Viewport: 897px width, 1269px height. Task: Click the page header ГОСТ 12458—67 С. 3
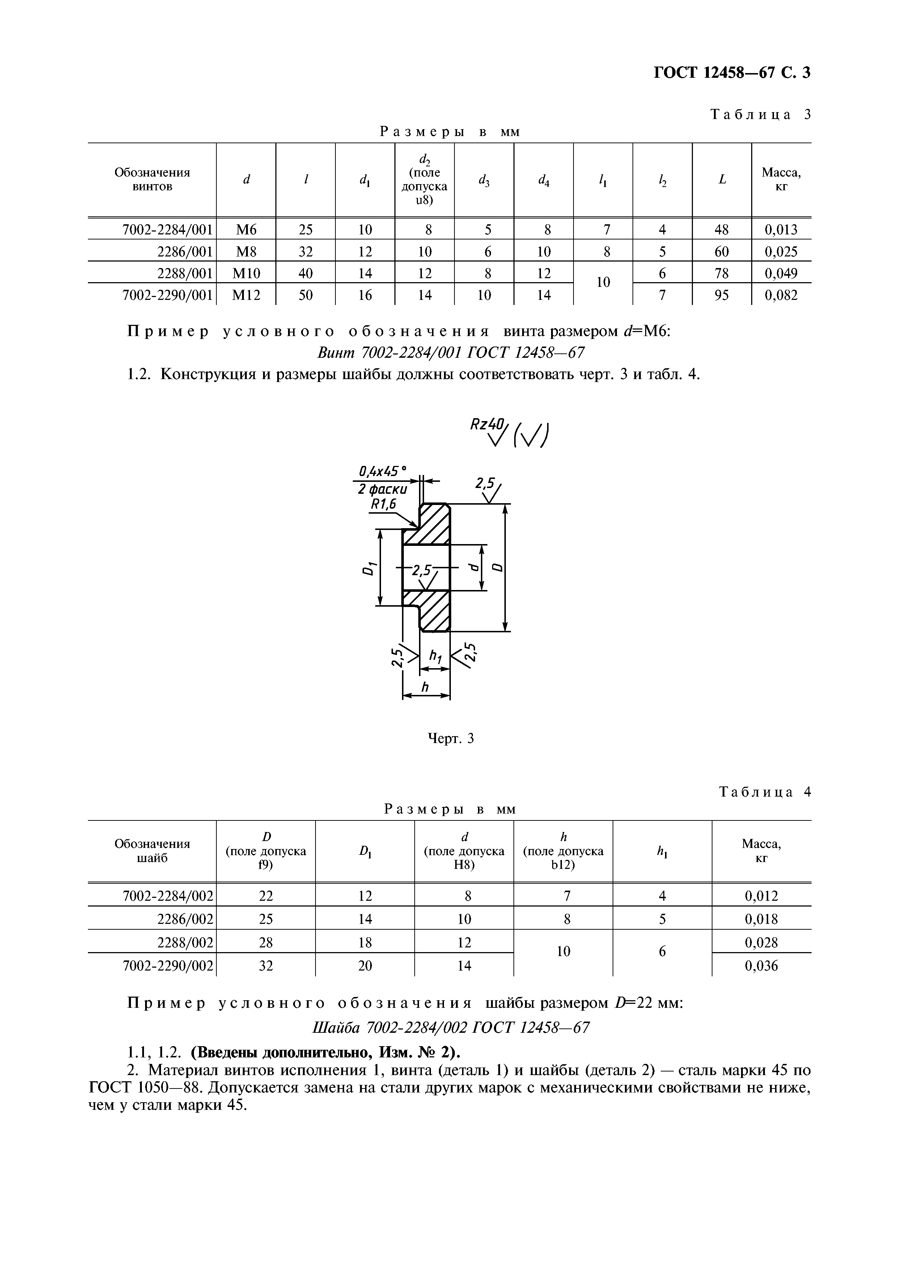[x=731, y=72]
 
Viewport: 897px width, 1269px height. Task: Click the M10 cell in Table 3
[x=246, y=273]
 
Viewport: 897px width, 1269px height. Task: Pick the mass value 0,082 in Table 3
[x=781, y=295]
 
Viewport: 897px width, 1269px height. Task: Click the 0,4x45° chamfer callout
[x=382, y=471]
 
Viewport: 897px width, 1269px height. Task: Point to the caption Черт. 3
[x=452, y=738]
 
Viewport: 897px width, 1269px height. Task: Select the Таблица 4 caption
[x=764, y=792]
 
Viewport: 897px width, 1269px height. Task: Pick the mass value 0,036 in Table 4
[x=761, y=965]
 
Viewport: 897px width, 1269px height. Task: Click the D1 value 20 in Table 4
[x=365, y=965]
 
